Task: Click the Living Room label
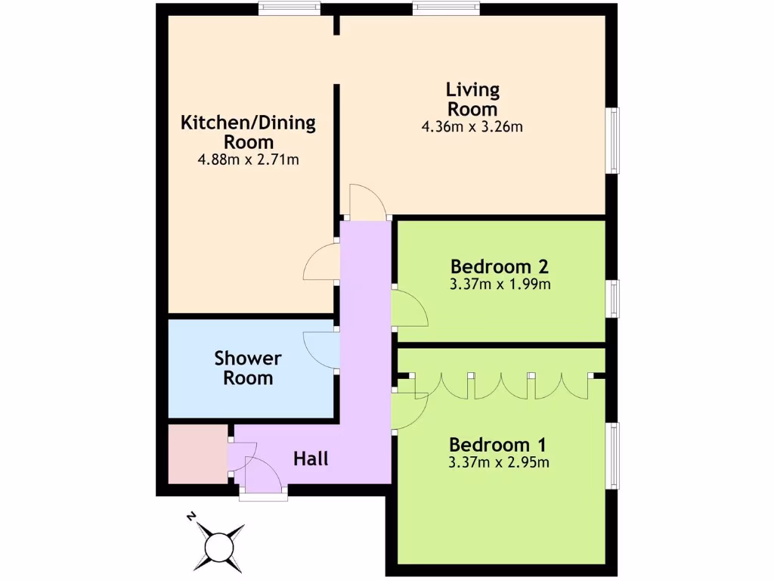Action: (x=472, y=99)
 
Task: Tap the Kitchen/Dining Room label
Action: (x=248, y=132)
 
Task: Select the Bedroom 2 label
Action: (x=499, y=266)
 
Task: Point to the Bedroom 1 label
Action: (x=498, y=444)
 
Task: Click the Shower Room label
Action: (x=248, y=367)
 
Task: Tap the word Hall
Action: (x=311, y=458)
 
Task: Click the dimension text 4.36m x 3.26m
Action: (x=472, y=127)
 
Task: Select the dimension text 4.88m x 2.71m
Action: (x=248, y=160)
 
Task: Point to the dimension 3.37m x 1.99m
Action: (x=499, y=285)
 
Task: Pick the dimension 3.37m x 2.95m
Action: (x=499, y=462)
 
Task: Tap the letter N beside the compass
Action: (x=191, y=517)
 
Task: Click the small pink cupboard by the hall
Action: (x=198, y=454)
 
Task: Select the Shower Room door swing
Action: (x=320, y=350)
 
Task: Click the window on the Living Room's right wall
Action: (x=615, y=141)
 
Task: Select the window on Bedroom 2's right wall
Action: (x=615, y=298)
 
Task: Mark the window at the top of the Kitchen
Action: (x=289, y=8)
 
